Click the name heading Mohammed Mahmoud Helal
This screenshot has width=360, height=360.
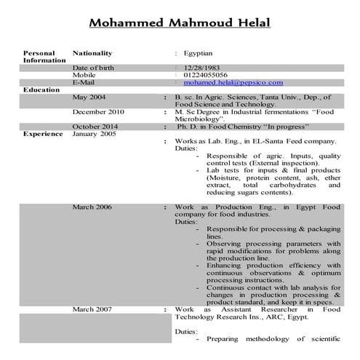click(179, 23)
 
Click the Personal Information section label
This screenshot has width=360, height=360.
click(39, 57)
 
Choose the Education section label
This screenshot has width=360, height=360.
click(41, 89)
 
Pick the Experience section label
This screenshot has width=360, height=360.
click(42, 134)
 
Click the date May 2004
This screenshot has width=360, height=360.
click(89, 97)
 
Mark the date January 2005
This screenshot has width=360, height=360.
click(94, 134)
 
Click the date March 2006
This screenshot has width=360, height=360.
click(92, 207)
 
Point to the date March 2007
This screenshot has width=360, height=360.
click(92, 310)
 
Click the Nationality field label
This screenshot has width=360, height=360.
click(92, 53)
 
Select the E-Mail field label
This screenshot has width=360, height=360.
click(84, 83)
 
